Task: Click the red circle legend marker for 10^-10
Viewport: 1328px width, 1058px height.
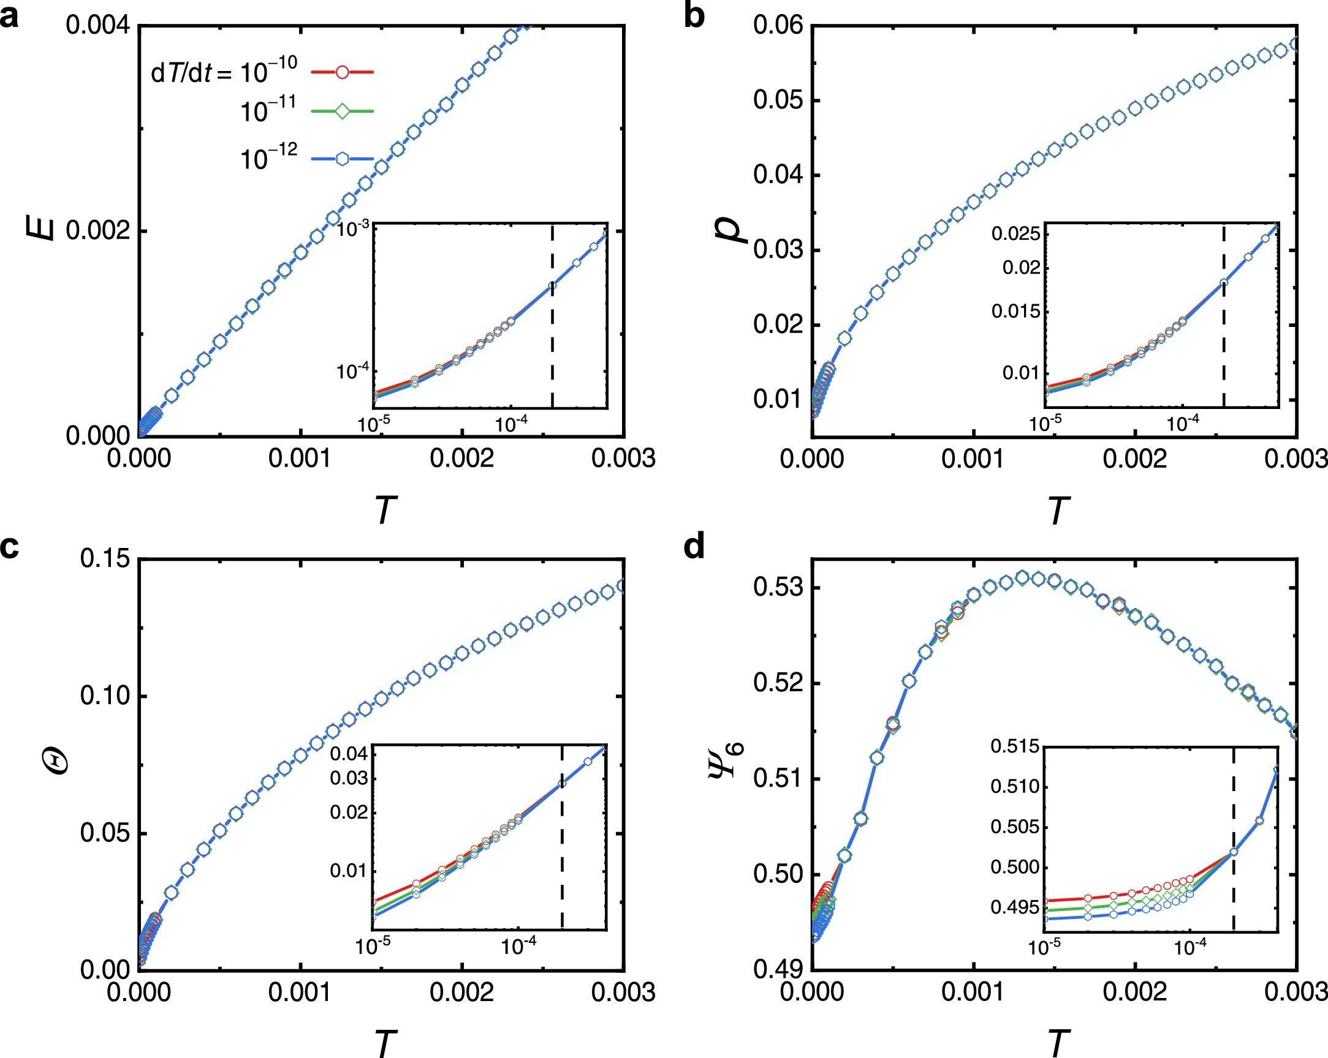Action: pos(342,72)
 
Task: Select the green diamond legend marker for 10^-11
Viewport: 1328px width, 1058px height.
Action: pos(342,111)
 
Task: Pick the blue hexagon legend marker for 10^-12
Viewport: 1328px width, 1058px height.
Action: pos(342,159)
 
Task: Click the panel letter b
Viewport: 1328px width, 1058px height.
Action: pos(694,16)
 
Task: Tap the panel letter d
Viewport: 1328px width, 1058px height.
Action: pos(694,547)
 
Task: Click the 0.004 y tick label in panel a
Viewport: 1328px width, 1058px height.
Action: pos(98,26)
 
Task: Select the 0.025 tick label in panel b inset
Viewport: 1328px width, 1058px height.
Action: pos(1015,234)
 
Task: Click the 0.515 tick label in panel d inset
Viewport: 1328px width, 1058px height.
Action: pos(1014,747)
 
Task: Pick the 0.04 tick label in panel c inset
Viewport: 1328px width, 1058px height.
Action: pos(349,753)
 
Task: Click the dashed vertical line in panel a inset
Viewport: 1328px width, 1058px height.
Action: pos(553,345)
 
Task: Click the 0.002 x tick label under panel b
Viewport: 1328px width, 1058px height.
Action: pos(1134,459)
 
